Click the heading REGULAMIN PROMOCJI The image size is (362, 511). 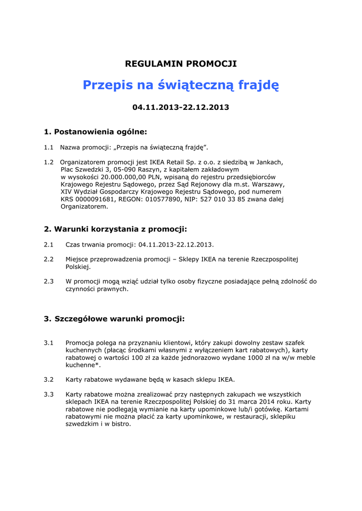coord(181,64)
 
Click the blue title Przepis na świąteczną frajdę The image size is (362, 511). coord(181,85)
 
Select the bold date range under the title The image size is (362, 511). coord(181,107)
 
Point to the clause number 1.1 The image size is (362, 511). coord(48,147)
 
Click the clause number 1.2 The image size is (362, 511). coord(48,162)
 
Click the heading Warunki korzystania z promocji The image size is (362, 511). coord(115,229)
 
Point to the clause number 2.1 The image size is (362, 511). coord(48,245)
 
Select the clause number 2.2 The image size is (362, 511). coord(48,259)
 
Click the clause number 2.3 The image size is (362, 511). coord(48,281)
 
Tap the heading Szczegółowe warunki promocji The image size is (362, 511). coord(114,318)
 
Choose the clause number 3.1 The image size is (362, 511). coord(48,343)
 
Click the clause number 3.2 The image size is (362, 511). coord(48,379)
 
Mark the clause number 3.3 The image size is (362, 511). coord(48,394)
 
